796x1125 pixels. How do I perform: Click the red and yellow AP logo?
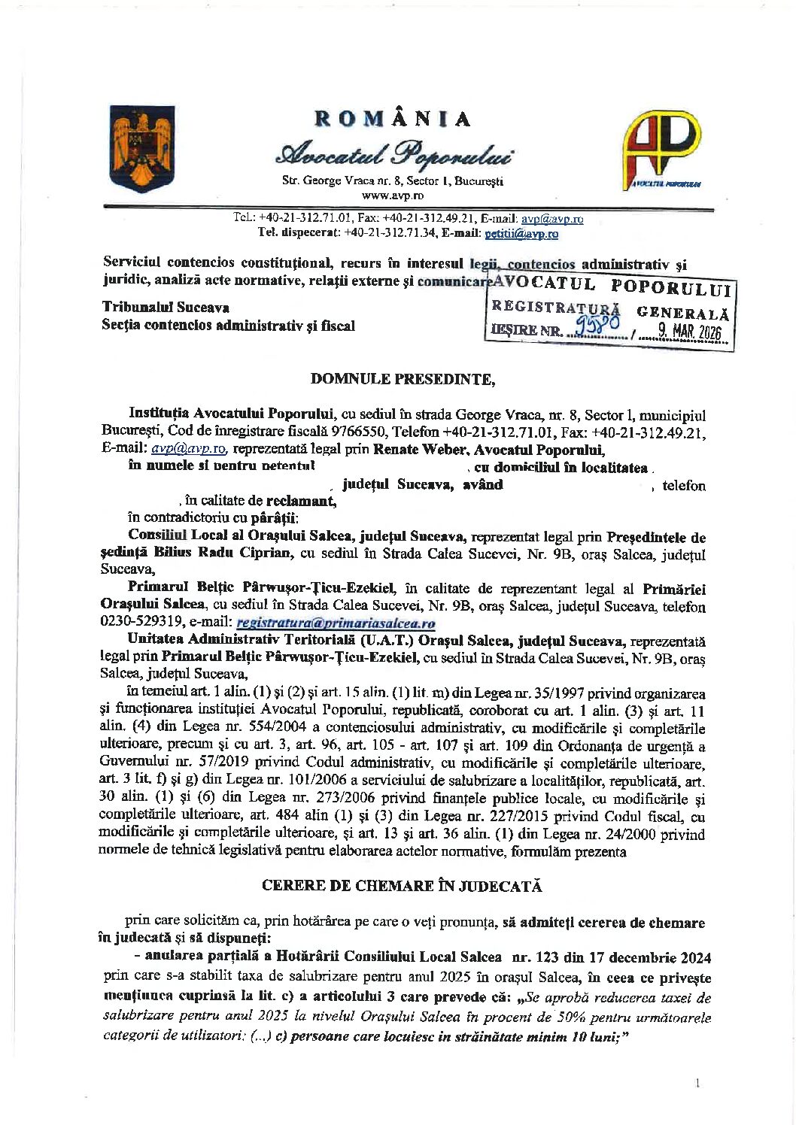coord(661,150)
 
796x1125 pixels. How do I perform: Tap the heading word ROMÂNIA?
coord(393,119)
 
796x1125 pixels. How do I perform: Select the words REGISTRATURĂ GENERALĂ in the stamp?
coord(609,310)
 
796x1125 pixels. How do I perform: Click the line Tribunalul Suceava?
coord(166,307)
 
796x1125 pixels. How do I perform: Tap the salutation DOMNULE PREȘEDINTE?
coord(403,379)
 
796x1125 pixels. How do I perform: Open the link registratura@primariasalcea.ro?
coord(336,623)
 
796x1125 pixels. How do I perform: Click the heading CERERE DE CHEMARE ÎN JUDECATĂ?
coord(402,886)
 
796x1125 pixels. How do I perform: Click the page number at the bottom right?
coord(698,1083)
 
